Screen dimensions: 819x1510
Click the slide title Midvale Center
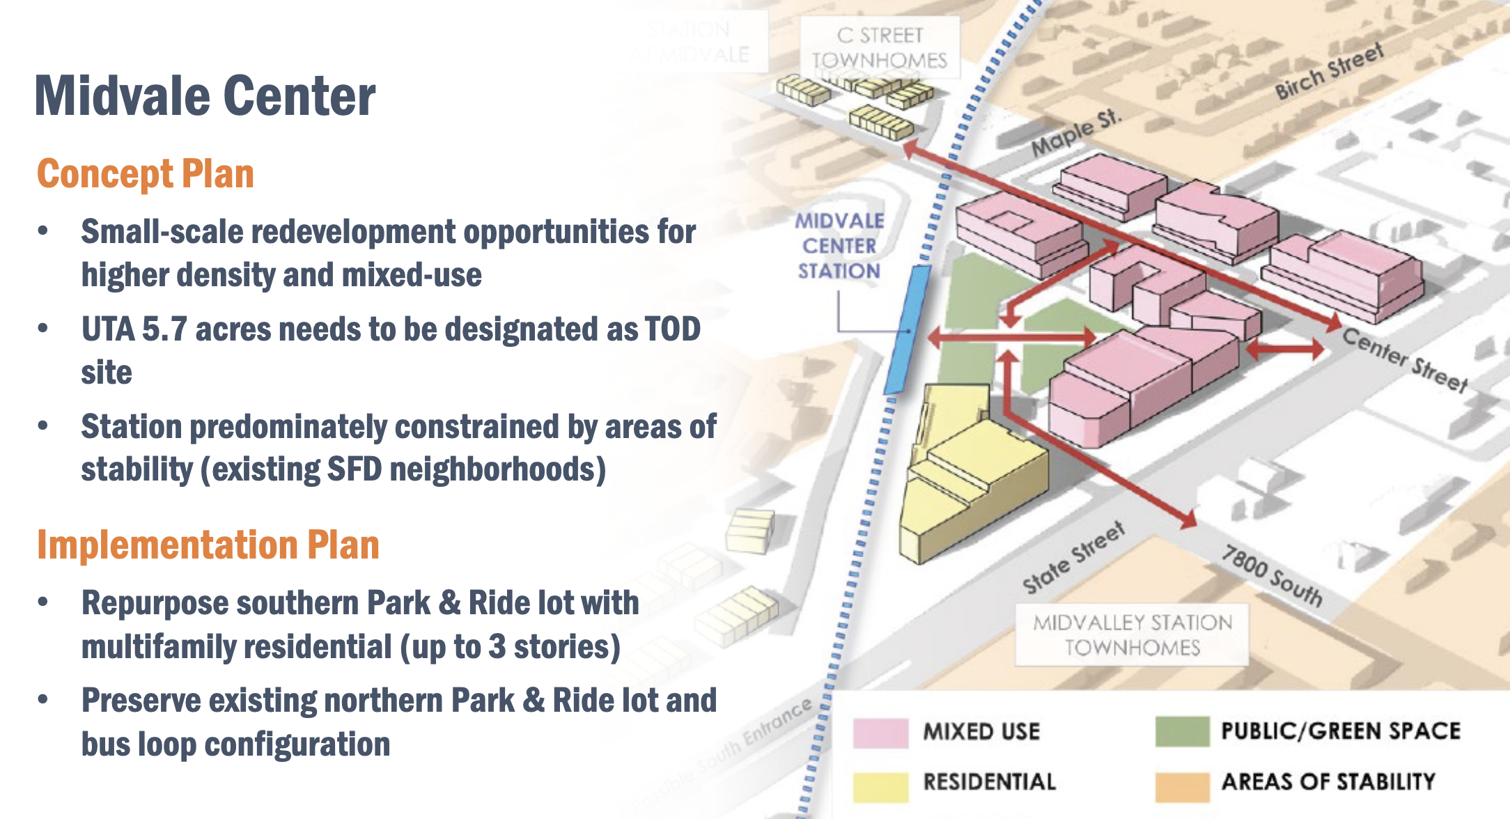205,96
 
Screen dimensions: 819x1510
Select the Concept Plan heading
145,174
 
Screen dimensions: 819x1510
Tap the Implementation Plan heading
208,545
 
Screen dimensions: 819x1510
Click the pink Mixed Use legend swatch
880,732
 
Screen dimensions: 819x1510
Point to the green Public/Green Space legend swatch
1181,731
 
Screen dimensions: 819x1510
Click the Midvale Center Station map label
839,246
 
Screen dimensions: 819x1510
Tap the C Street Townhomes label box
880,47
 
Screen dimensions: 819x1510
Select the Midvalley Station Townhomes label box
1132,634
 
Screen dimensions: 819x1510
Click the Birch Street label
1328,71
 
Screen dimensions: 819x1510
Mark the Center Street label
1405,360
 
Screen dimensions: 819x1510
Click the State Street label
1073,558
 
